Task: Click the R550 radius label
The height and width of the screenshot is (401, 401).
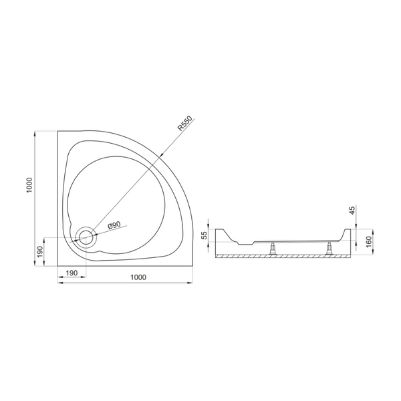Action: pyautogui.click(x=184, y=124)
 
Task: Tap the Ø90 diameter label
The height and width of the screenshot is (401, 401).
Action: pyautogui.click(x=114, y=225)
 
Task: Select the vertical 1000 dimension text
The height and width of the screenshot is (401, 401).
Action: pyautogui.click(x=29, y=185)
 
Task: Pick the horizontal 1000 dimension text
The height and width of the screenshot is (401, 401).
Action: pyautogui.click(x=138, y=277)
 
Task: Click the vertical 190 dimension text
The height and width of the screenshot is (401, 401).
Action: pyautogui.click(x=40, y=252)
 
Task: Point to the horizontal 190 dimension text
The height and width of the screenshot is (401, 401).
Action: pyautogui.click(x=72, y=273)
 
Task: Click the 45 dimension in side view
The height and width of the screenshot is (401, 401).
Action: pyautogui.click(x=352, y=211)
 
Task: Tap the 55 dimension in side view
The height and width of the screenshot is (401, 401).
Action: pyautogui.click(x=205, y=235)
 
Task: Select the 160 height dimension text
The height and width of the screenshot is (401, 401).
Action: pyautogui.click(x=368, y=242)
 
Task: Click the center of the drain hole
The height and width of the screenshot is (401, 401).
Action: pyautogui.click(x=86, y=237)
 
